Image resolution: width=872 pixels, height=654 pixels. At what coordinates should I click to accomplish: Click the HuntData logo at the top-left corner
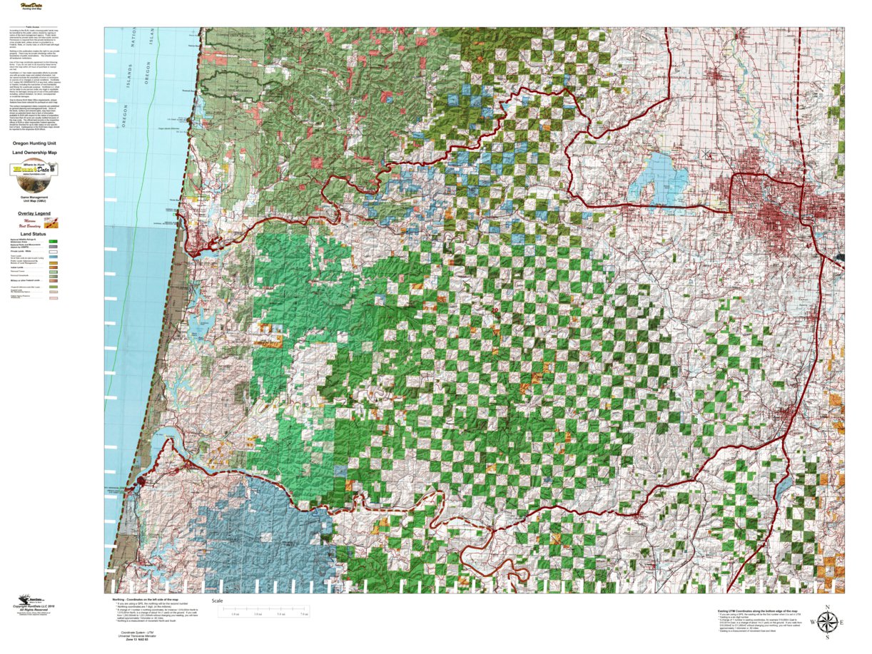click(x=31, y=6)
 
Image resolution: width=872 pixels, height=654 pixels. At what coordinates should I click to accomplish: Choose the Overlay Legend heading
click(x=34, y=213)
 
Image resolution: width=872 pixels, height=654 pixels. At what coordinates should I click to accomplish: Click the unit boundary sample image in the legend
click(x=51, y=223)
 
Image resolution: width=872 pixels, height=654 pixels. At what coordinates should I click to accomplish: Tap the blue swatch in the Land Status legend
click(x=53, y=257)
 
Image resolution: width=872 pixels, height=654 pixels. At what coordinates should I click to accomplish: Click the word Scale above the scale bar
click(x=218, y=601)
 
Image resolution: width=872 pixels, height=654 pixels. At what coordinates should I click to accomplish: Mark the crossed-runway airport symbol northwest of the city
click(x=706, y=153)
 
